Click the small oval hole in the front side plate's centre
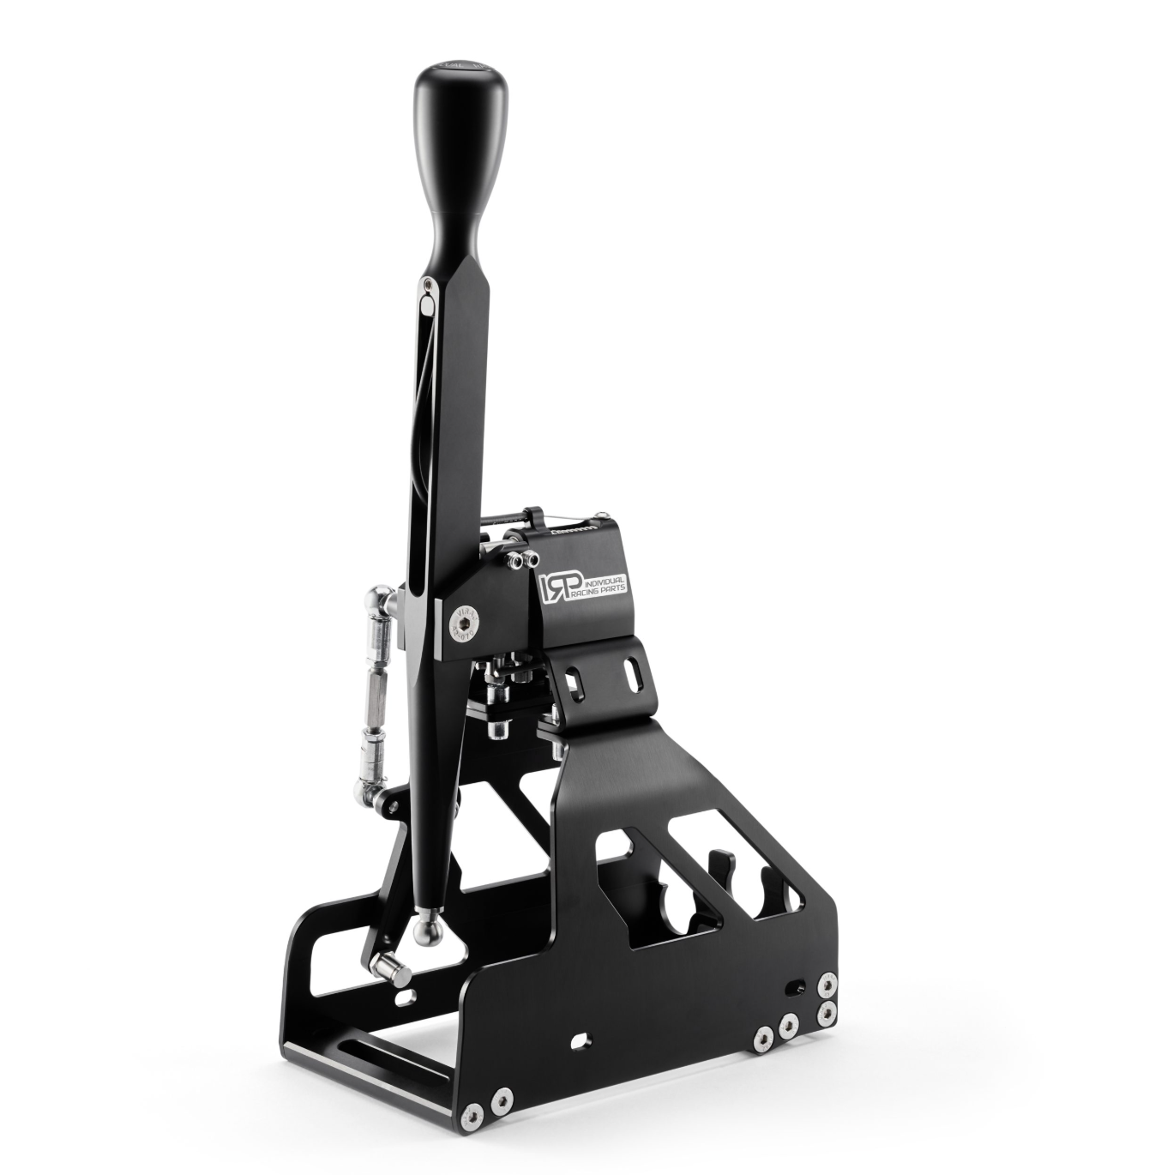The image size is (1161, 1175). [x=580, y=1039]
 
